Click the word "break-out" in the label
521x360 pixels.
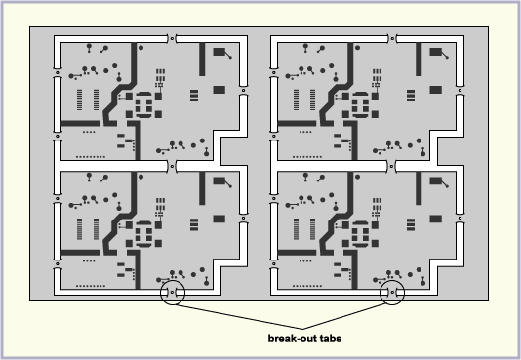coord(291,340)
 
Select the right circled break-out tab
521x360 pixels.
coord(392,292)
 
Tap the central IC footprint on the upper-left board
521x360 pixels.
coord(145,104)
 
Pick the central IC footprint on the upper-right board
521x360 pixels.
coord(363,104)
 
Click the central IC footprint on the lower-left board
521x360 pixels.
coord(145,234)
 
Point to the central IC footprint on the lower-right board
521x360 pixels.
coord(363,234)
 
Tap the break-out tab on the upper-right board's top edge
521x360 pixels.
coord(392,39)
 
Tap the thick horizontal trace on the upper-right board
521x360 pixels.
coord(299,124)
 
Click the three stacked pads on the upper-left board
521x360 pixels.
coord(194,94)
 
